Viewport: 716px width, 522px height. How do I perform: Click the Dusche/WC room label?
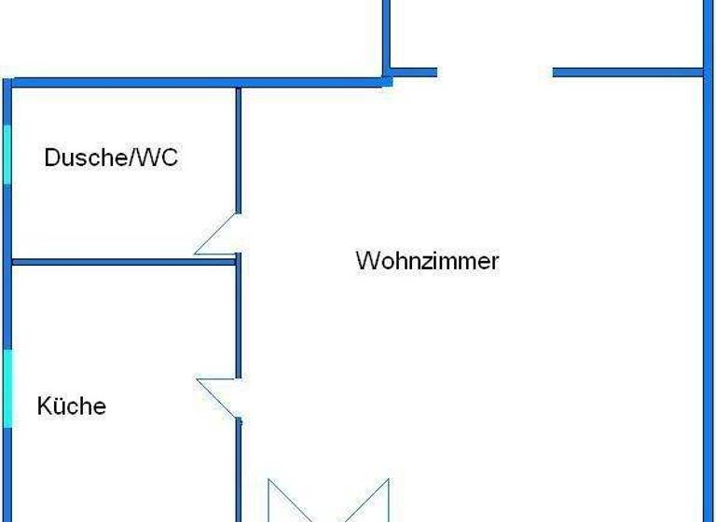[111, 158]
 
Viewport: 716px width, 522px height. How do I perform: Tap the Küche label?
[72, 406]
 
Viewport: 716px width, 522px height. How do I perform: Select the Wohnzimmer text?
[427, 260]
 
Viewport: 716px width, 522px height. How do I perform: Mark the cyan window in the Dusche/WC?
[7, 154]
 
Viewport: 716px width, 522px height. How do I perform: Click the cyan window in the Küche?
[7, 388]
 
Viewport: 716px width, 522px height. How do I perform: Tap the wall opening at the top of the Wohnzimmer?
[495, 72]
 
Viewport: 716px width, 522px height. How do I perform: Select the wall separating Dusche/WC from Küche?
[121, 262]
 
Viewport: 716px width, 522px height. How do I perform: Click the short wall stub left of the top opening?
[412, 72]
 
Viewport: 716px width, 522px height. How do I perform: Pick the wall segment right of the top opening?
[626, 72]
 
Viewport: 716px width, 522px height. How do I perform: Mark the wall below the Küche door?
[239, 466]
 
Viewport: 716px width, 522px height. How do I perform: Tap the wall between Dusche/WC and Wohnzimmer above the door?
[239, 149]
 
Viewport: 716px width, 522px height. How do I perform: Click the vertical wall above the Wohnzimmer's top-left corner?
[386, 37]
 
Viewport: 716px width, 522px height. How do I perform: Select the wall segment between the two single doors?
[239, 317]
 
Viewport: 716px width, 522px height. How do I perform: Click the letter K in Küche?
[44, 406]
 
